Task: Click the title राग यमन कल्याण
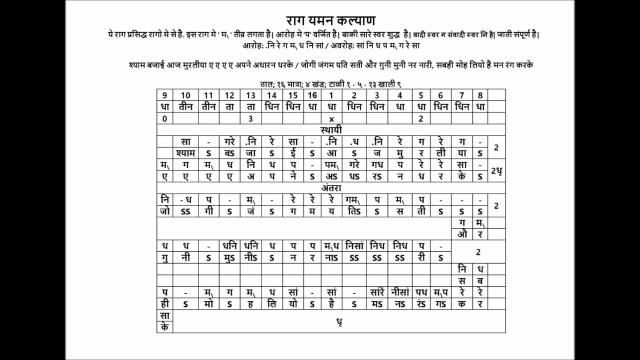pos(331,21)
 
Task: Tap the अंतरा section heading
pos(331,188)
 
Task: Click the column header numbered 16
pos(312,95)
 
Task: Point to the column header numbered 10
pos(185,95)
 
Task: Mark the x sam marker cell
pos(331,119)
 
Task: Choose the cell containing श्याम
pos(185,153)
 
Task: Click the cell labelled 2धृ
pos(496,170)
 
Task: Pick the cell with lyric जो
pos(164,211)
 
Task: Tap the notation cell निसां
pos(354,245)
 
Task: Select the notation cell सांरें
pos(376,292)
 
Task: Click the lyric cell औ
pos(462,234)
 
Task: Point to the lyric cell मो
pos(208,303)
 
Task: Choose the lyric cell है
pos(331,303)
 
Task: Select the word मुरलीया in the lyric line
pos(200,65)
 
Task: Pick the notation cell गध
pos(376,165)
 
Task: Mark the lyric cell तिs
pos(354,211)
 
